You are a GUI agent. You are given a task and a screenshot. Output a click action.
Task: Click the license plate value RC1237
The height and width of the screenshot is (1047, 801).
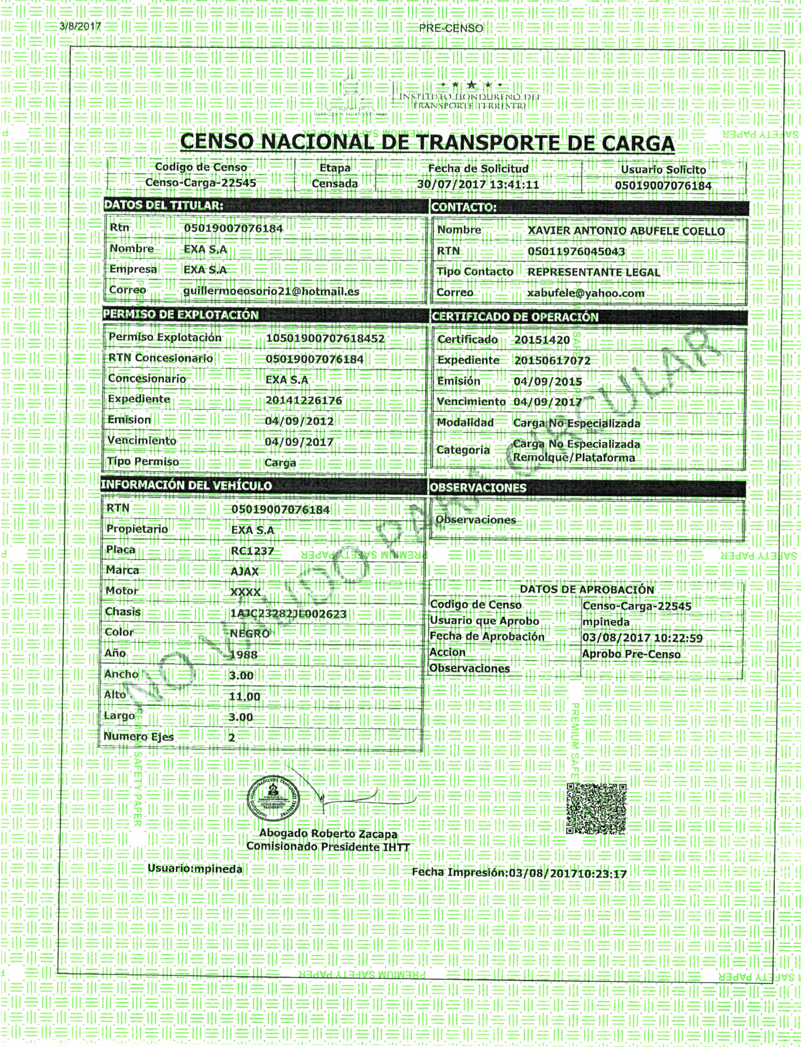coord(252,551)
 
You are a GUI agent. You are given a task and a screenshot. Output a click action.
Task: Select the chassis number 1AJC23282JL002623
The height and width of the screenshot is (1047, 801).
coord(288,614)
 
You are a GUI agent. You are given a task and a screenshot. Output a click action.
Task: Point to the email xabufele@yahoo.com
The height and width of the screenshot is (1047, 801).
coord(586,293)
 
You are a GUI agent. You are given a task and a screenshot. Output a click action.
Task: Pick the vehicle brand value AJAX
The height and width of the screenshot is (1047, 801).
coord(244,571)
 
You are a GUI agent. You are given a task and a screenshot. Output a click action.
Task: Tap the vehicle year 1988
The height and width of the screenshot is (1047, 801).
coord(243,655)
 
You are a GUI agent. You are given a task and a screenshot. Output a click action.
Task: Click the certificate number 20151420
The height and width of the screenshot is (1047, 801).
coord(542,340)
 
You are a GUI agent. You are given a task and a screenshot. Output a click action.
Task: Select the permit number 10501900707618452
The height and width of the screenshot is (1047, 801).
coord(325,339)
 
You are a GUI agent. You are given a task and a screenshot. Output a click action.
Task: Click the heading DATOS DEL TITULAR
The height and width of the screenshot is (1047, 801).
coord(163,205)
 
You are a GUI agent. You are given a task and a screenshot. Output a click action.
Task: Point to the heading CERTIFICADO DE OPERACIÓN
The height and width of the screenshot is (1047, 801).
coord(514,317)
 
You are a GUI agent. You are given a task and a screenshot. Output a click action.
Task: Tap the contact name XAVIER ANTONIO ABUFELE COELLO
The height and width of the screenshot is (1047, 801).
coord(626,231)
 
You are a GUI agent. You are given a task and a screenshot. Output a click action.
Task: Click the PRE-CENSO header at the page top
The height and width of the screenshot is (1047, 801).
coord(451,29)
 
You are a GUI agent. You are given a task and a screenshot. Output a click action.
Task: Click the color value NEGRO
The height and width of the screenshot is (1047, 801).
coord(249,634)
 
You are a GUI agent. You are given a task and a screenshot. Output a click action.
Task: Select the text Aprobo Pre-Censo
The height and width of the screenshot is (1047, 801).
coord(631,654)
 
